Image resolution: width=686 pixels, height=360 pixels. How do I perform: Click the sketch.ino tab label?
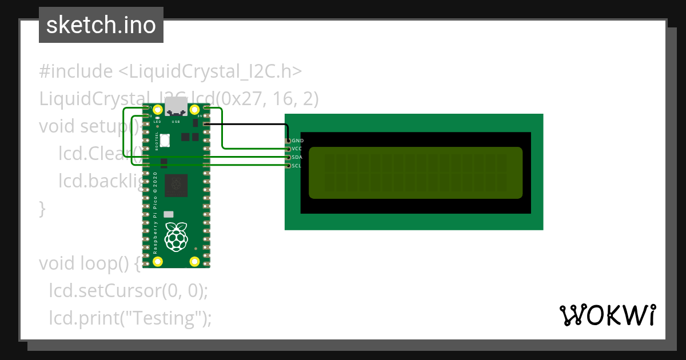101,25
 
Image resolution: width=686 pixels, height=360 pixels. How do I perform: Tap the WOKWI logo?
607,315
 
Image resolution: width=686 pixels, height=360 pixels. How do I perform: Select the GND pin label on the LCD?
297,141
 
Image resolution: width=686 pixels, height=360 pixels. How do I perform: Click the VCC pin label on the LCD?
297,149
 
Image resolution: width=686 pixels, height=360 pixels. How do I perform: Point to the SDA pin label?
297,157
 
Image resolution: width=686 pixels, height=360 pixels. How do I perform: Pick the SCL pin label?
297,166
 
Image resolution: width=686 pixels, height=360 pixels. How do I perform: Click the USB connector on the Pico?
176,106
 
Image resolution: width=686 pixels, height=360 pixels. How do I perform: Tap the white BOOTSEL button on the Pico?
165,139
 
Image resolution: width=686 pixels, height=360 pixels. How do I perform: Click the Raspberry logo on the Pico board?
176,235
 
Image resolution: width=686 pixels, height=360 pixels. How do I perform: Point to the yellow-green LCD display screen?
416,173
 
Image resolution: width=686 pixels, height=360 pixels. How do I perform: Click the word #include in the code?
76,72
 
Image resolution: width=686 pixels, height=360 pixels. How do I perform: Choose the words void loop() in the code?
86,263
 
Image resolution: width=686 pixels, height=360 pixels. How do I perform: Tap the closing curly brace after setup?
42,209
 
